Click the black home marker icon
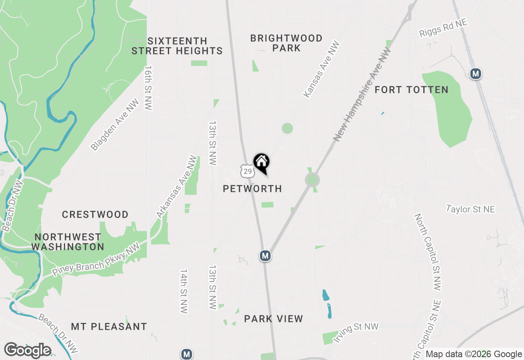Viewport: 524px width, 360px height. tap(261, 162)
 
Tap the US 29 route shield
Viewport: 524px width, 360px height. tap(247, 171)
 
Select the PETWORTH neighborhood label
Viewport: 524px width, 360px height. tap(252, 189)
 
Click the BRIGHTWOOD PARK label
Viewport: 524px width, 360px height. tap(286, 43)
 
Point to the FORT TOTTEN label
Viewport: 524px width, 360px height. tap(411, 90)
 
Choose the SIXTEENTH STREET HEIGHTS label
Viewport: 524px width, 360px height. tap(177, 46)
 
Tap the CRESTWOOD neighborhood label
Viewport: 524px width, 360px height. tap(95, 214)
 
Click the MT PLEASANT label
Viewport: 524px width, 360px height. tap(109, 326)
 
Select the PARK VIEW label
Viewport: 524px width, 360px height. tap(273, 319)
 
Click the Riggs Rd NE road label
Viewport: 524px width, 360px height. tap(443, 28)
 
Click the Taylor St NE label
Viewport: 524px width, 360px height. tap(470, 209)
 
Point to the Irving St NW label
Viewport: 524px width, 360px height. tap(355, 332)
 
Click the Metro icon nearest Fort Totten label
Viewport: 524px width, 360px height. tap(475, 74)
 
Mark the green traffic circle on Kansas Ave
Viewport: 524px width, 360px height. tap(287, 128)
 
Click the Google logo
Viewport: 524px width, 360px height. tap(28, 350)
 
